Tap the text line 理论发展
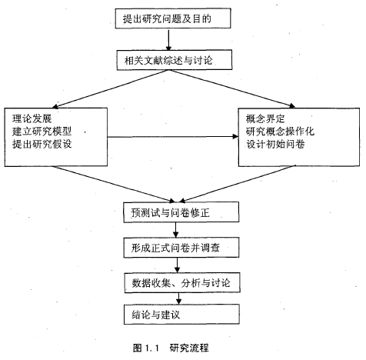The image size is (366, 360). (x=32, y=118)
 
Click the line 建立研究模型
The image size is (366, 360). (x=42, y=132)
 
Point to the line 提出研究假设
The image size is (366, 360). (x=42, y=144)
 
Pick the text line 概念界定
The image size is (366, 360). (x=265, y=118)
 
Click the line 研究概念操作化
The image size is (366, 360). (x=280, y=132)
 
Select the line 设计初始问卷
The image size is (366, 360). (x=275, y=144)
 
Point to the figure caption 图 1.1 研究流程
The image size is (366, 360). (x=171, y=348)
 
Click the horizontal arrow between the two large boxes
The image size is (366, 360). (x=173, y=137)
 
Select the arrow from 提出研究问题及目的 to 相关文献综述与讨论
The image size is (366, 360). (x=168, y=39)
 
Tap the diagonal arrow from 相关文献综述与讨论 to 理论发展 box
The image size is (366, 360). (x=110, y=89)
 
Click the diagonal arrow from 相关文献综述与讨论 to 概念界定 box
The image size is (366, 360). (x=231, y=88)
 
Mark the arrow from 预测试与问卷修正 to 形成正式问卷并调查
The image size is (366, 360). (x=175, y=230)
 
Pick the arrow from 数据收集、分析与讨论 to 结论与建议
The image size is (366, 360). (x=179, y=298)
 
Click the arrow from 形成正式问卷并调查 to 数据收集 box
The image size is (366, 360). (x=177, y=265)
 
